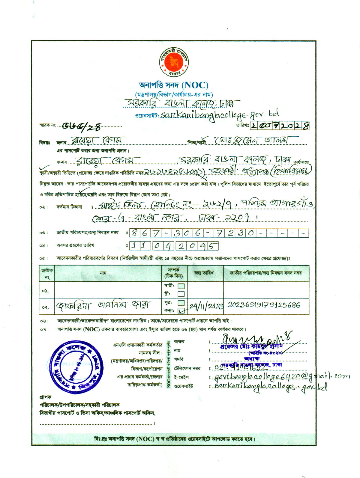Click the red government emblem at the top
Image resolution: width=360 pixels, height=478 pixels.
pos(174,62)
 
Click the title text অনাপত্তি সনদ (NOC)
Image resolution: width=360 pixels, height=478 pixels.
pos(174,85)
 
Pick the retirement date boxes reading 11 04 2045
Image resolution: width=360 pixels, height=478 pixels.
pos(174,246)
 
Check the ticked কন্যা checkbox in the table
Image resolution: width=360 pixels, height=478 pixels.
pos(181,310)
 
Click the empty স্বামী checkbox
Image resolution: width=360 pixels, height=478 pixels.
pos(181,286)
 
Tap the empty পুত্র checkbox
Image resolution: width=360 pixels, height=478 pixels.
pos(181,303)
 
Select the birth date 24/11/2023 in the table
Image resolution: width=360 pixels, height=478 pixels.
pos(206,306)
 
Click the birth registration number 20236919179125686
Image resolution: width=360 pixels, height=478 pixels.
pos(264,305)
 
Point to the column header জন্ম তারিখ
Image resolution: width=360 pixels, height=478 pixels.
pos(204,273)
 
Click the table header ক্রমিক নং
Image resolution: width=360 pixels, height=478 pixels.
pos(47,273)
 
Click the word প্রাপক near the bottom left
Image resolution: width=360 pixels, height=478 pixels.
pos(45,397)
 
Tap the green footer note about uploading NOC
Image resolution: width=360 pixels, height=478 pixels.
pos(174,439)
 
